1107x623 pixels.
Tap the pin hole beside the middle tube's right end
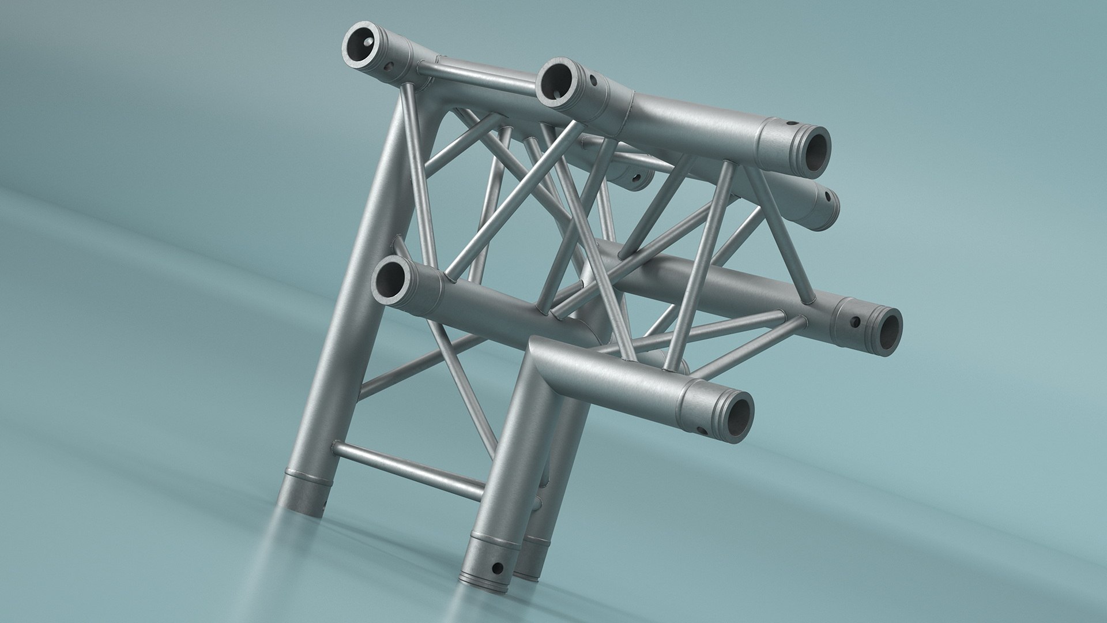click(x=855, y=321)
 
